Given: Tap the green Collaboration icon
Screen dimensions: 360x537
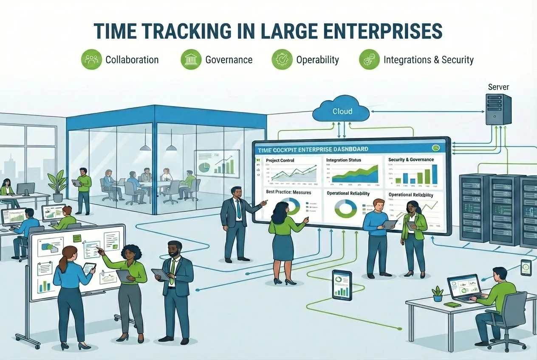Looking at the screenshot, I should (x=91, y=59).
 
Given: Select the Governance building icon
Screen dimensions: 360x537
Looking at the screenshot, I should (x=191, y=59).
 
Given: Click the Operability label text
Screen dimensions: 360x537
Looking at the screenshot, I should (x=317, y=60).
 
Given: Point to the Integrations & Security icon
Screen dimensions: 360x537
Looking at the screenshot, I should (x=369, y=59).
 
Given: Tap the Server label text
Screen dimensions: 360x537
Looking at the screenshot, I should (x=498, y=87).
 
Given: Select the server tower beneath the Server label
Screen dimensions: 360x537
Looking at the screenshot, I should (x=498, y=109).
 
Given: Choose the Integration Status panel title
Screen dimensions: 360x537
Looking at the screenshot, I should (x=343, y=160).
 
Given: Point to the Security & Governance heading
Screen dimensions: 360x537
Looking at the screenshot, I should (x=411, y=160).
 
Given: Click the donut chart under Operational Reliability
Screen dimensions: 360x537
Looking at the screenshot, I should (x=345, y=208).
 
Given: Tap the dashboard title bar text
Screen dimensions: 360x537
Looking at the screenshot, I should (x=313, y=149).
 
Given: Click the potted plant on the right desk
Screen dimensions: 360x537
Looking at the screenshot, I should (x=437, y=294).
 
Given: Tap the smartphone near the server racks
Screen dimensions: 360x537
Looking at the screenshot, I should (x=526, y=267).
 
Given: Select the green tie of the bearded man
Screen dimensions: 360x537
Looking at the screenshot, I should (x=172, y=272).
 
